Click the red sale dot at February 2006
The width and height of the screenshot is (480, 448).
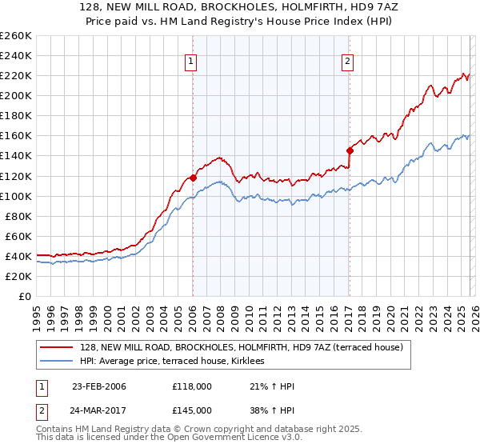point(193,178)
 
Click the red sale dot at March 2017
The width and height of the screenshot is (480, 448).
point(350,150)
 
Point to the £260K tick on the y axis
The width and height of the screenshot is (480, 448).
point(16,36)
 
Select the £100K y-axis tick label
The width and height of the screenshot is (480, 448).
point(16,196)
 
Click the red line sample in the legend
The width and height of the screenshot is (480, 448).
point(58,347)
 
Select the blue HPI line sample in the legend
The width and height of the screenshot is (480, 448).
point(58,362)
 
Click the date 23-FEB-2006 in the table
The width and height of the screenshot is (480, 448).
point(98,386)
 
